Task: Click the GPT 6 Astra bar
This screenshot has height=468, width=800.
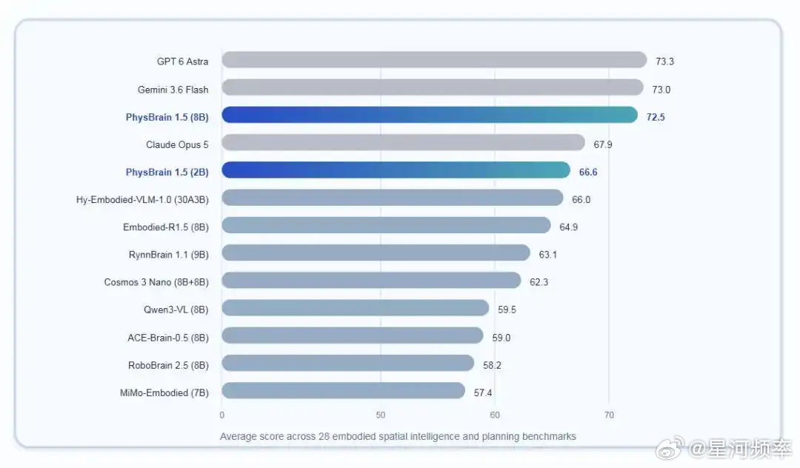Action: pos(434,60)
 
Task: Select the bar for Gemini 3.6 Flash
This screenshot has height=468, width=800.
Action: pos(432,87)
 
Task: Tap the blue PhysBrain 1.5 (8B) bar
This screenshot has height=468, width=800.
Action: pos(430,115)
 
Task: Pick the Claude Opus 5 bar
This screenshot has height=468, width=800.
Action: pos(403,142)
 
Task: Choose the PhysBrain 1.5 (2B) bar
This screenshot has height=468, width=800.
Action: pos(396,170)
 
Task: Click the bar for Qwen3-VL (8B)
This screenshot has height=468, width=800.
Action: pos(355,307)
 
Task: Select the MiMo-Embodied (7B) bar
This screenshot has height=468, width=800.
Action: pos(344,390)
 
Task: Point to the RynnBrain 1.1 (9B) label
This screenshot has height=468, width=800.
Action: pos(168,255)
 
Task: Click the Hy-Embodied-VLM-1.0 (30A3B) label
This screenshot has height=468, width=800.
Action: pos(142,199)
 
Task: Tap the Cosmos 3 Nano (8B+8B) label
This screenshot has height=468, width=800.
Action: pos(156,282)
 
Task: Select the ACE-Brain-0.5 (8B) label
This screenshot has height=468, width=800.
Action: pos(168,338)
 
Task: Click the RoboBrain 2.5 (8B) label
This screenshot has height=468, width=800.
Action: pos(168,365)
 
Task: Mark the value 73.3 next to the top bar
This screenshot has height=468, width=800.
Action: pos(664,61)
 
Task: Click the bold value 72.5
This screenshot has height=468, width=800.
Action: pos(656,117)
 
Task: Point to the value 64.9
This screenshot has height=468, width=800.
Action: pos(568,227)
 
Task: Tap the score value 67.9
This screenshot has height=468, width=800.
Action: pos(602,144)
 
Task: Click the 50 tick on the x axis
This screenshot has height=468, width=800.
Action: pos(381,415)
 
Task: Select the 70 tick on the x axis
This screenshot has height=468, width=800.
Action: pos(609,415)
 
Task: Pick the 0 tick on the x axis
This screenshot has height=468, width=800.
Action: pos(222,415)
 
